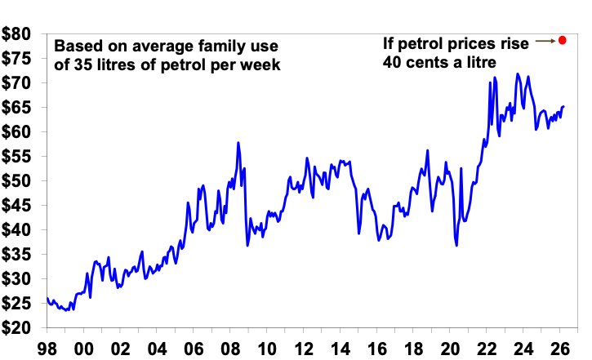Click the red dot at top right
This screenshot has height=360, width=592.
click(562, 40)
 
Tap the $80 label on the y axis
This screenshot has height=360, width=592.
click(17, 33)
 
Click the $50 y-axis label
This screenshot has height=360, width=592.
click(17, 181)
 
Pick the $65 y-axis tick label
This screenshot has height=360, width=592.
click(17, 108)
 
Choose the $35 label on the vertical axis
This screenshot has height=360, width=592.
click(17, 255)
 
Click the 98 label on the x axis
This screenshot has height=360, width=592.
click(47, 346)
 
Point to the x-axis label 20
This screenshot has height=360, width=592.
click(465, 346)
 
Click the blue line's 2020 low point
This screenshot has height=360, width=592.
click(456, 245)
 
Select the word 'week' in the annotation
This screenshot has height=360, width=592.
click(260, 64)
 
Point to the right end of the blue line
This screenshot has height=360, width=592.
click(564, 107)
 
